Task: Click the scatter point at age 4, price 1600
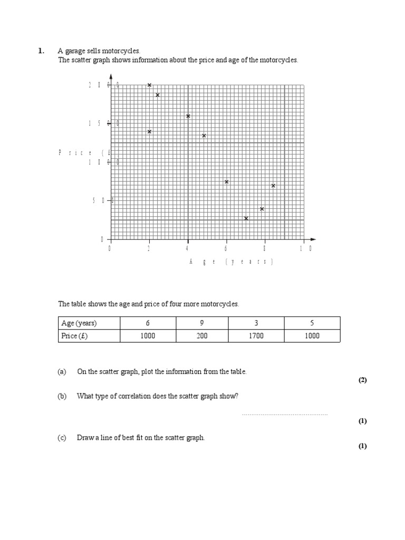[x=188, y=116]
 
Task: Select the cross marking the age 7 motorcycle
[x=246, y=218]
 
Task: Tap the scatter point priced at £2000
[x=149, y=85]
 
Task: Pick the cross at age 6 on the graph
[x=226, y=182]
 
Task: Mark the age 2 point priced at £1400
[x=149, y=132]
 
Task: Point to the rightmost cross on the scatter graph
[x=273, y=186]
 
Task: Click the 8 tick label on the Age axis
[x=264, y=249]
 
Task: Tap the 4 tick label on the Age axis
[x=187, y=249]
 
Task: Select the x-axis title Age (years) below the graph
[x=231, y=262]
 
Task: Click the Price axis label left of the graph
[x=84, y=152]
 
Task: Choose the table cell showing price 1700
[x=257, y=336]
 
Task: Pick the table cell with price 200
[x=202, y=336]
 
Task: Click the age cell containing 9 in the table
[x=202, y=323]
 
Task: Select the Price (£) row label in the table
[x=74, y=336]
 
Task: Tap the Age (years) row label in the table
[x=79, y=323]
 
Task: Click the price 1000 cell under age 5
[x=312, y=336]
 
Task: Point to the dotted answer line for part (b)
[x=285, y=414]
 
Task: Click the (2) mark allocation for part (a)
[x=362, y=380]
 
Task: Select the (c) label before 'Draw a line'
[x=62, y=438]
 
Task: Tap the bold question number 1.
[x=41, y=51]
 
